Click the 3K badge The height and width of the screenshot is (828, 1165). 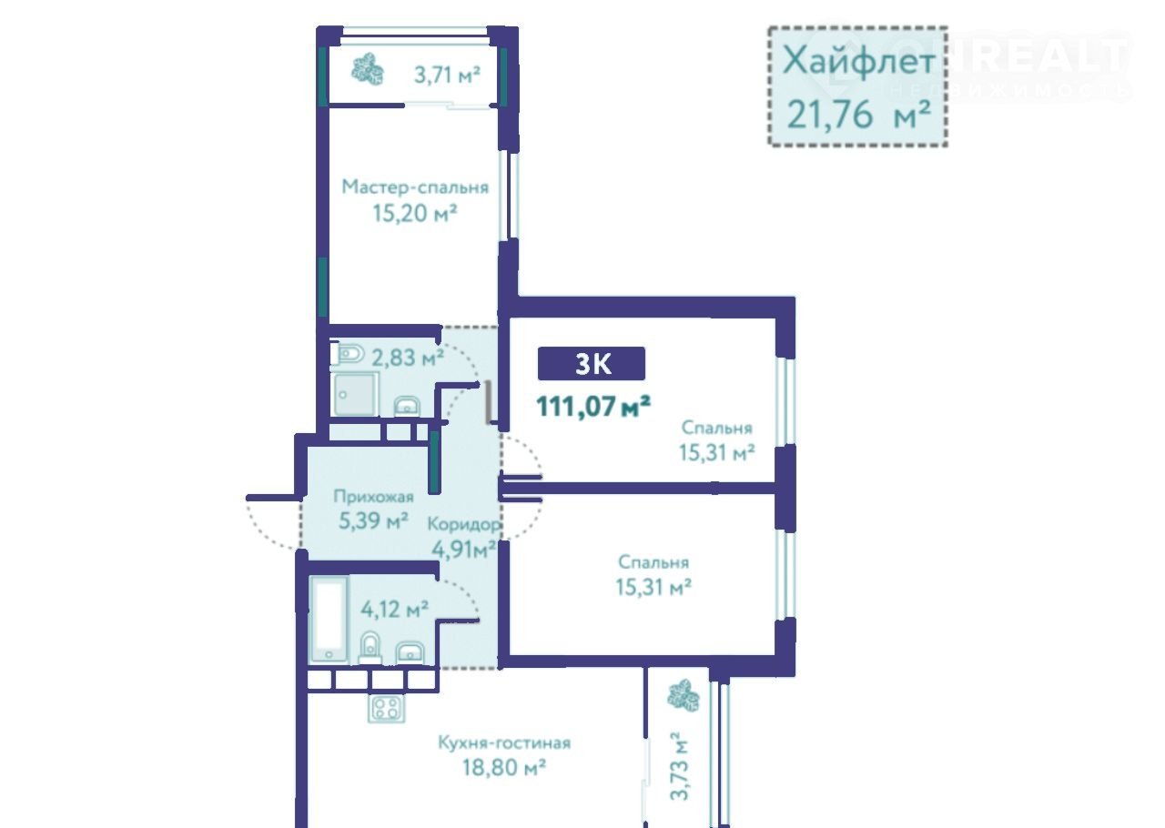(x=592, y=364)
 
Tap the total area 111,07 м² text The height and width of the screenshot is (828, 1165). (x=593, y=406)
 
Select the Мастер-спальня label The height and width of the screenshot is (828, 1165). (x=415, y=187)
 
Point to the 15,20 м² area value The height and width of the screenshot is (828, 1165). (x=415, y=213)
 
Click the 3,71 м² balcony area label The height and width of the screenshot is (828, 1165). (x=447, y=76)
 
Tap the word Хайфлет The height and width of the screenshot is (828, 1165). (x=858, y=60)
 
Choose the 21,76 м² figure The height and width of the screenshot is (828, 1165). (x=858, y=115)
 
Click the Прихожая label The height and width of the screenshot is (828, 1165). (x=373, y=496)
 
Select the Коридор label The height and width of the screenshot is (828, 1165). (x=463, y=524)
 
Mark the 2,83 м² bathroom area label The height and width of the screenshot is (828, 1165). (x=408, y=358)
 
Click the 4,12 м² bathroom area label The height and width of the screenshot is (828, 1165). (x=395, y=609)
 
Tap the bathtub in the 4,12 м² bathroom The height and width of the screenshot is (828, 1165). (x=329, y=619)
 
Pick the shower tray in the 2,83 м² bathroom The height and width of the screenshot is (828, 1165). (x=355, y=394)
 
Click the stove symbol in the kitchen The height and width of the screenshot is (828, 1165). (x=387, y=708)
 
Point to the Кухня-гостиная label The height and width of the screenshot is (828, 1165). (x=504, y=742)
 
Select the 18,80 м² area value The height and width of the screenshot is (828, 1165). (x=504, y=767)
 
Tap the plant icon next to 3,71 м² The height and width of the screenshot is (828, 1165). (x=367, y=68)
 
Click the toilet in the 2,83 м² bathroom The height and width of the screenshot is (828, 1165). (x=348, y=355)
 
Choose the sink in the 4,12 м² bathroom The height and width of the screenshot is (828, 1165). (x=410, y=651)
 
